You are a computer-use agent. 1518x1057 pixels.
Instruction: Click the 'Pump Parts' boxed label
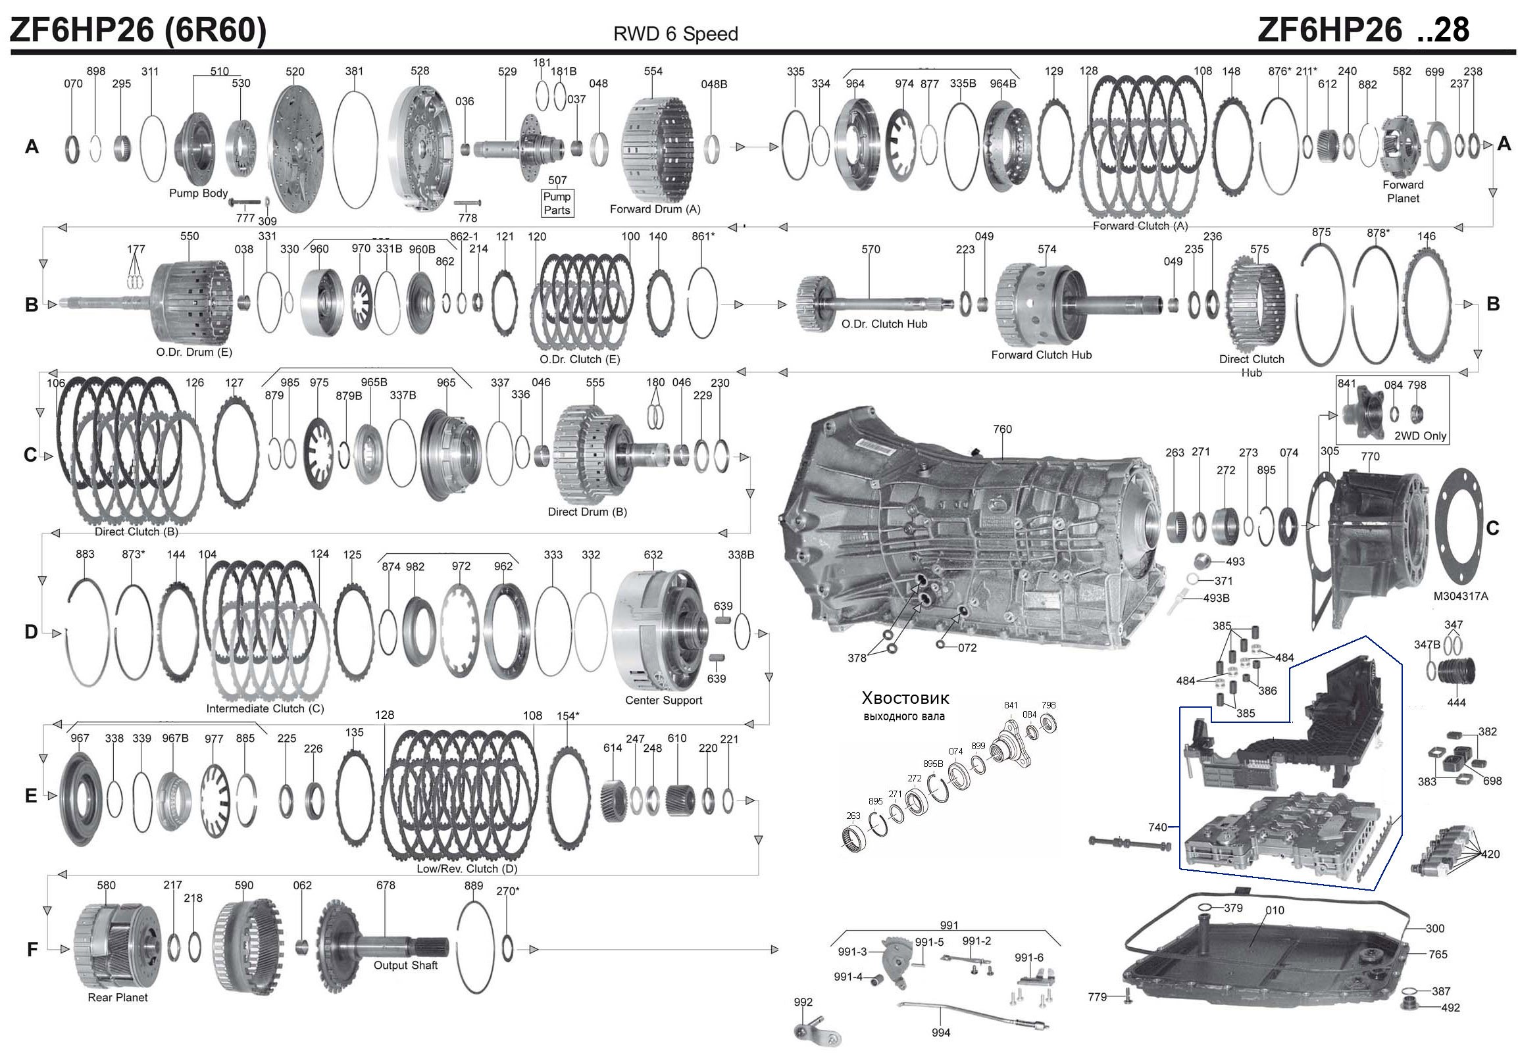557,203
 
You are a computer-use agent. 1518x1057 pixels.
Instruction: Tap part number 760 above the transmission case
1001,429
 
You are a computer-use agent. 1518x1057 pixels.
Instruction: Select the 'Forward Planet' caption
1402,191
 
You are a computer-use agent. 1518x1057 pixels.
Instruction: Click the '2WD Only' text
1420,436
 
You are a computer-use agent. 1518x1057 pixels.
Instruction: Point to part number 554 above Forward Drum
653,72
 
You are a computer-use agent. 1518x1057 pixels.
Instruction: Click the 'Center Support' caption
663,700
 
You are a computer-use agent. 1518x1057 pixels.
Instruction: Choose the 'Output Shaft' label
405,965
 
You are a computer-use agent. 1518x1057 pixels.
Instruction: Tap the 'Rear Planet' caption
118,998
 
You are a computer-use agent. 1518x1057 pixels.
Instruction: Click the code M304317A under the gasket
1460,596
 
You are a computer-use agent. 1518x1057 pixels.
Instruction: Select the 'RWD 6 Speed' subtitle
675,34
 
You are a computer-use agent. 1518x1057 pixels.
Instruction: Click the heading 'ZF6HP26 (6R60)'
138,30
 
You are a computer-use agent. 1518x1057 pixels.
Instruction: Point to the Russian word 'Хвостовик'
905,698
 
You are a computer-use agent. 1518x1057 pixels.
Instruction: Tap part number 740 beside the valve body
1157,826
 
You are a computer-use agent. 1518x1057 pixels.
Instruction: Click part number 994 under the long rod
940,1033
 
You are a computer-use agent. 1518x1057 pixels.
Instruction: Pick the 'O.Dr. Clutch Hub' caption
884,324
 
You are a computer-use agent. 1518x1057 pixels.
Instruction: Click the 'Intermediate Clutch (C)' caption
265,708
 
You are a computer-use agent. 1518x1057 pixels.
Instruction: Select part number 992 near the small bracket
803,1002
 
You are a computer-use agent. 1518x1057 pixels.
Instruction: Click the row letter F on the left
32,950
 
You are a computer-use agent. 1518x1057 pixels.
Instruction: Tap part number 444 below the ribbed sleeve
1456,702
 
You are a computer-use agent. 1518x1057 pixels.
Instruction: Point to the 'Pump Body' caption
197,193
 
